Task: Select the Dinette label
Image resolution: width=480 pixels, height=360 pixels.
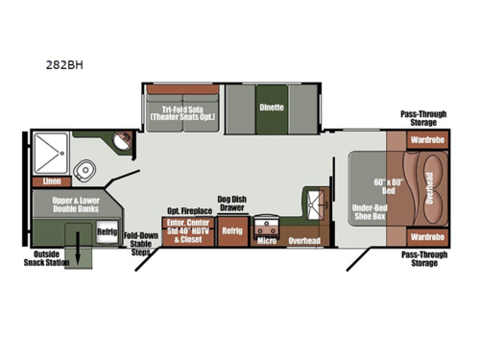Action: (272, 108)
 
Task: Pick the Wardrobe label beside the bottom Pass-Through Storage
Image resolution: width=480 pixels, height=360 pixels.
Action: (427, 236)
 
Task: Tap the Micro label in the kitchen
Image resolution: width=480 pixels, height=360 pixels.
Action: (267, 241)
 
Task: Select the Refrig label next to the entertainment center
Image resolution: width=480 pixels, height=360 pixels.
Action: (231, 231)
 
